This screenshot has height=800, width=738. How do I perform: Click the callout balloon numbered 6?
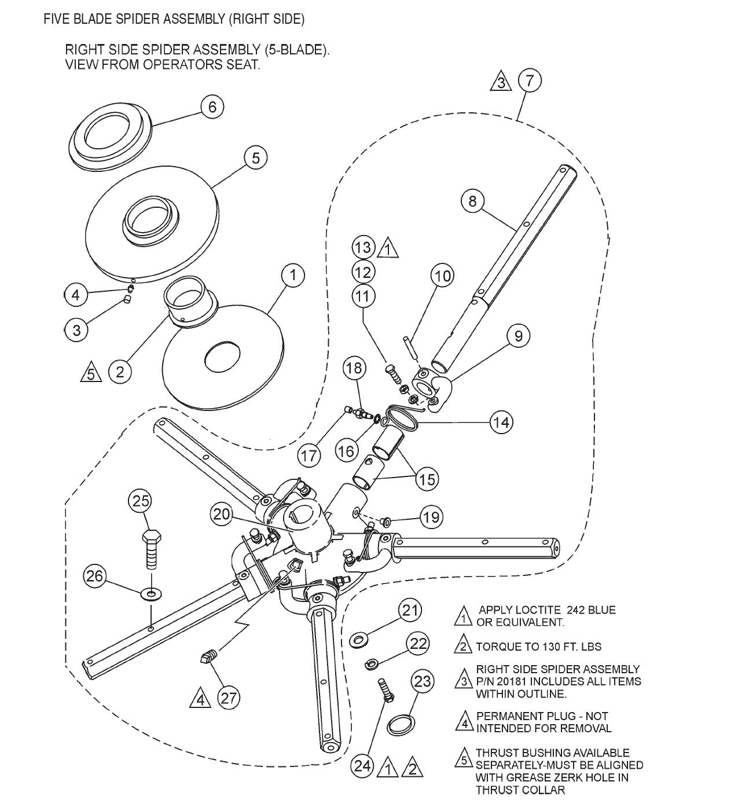click(x=212, y=107)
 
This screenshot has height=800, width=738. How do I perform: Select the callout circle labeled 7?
click(x=530, y=80)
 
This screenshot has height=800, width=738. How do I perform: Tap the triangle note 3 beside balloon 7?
click(x=501, y=83)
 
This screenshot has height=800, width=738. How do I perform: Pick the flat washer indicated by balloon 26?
click(x=152, y=593)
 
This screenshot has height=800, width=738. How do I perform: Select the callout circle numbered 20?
click(x=222, y=514)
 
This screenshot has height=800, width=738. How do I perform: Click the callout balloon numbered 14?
click(x=501, y=422)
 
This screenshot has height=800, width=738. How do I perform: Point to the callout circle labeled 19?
click(x=430, y=516)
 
